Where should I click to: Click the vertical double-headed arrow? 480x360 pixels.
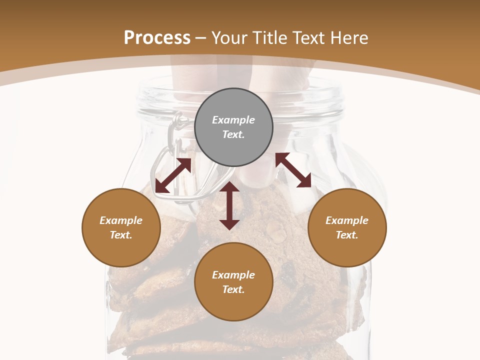pos(229,205)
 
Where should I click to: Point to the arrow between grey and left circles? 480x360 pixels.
pos(173,175)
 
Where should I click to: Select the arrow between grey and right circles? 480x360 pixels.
pos(293,170)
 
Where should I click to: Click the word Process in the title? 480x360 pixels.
pos(157,38)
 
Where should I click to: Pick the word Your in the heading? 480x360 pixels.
pos(230,38)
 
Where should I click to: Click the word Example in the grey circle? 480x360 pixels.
pos(233,120)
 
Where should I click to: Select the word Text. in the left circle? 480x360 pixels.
pos(121,235)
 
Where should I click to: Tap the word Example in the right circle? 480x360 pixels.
pos(347,220)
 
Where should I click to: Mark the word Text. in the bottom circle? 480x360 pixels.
pos(233,289)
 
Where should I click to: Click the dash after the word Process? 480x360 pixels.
pos(201,38)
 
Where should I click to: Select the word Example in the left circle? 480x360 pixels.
pos(121,220)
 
